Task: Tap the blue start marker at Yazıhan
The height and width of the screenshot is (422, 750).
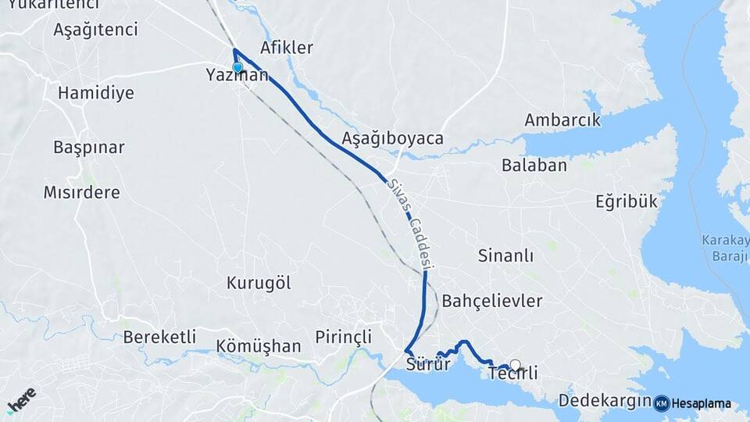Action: [x=237, y=67]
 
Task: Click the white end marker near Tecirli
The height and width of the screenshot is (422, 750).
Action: [x=514, y=364]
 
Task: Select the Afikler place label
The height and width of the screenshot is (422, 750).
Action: [x=287, y=48]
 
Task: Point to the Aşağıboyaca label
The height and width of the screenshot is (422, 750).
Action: [x=392, y=138]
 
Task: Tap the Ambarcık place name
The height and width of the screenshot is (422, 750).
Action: [x=562, y=120]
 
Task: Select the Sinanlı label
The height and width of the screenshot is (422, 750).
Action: [x=505, y=256]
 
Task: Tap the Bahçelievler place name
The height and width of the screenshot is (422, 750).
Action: [x=491, y=301]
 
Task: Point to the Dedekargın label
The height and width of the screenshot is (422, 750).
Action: [x=605, y=402]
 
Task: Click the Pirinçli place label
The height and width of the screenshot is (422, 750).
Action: [x=343, y=338]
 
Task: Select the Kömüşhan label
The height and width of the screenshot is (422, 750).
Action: [x=259, y=346]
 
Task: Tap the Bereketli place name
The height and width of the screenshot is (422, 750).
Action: [x=159, y=338]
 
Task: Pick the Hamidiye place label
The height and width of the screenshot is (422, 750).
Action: [x=95, y=93]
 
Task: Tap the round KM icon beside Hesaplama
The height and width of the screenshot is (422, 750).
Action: [x=661, y=403]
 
